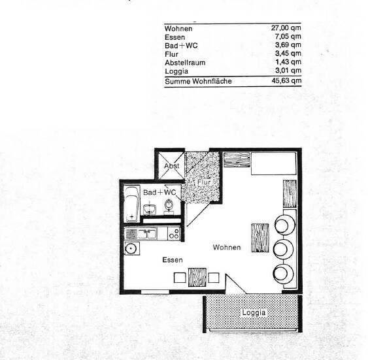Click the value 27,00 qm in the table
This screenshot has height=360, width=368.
tap(286, 29)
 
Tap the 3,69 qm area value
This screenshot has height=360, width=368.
tap(288, 46)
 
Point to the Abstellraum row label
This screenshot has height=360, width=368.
tap(186, 62)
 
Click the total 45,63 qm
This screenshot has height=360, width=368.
tap(286, 81)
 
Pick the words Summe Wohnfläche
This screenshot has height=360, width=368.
tap(198, 81)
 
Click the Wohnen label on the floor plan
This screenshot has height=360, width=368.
tap(227, 248)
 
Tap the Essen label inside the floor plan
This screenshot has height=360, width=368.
tap(173, 259)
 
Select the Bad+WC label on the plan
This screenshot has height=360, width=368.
tap(159, 192)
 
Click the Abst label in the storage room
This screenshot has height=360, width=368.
tap(171, 165)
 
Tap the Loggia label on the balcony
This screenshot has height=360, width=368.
tap(254, 312)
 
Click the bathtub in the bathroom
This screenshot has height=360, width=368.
tap(131, 201)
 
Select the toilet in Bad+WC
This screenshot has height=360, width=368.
tap(170, 206)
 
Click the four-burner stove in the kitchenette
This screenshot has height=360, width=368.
tap(173, 233)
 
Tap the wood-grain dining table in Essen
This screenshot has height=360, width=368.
tap(197, 276)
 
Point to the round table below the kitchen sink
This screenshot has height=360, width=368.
tap(131, 248)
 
